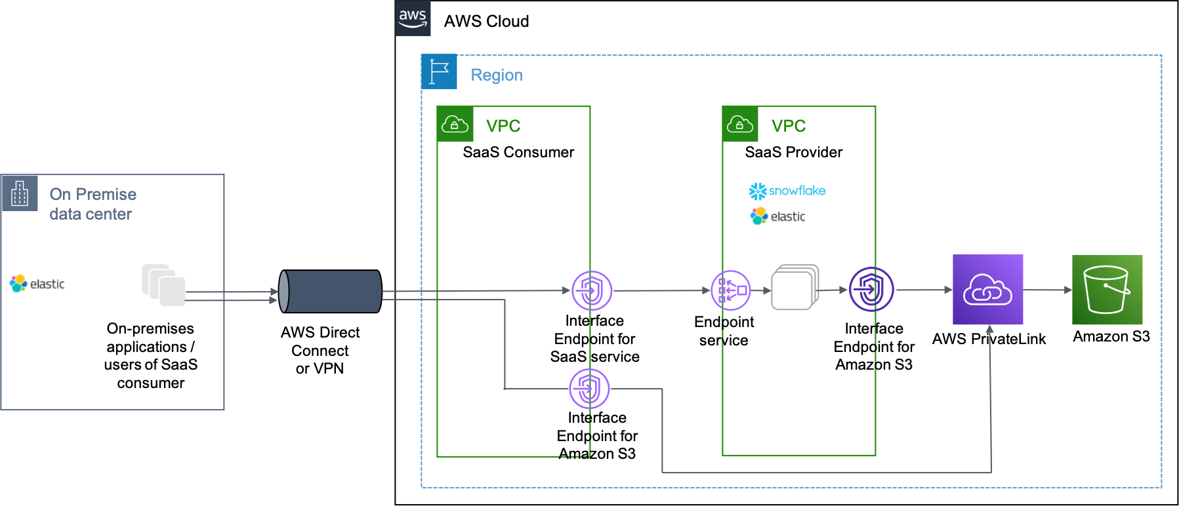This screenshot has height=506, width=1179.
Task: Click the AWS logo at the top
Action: click(x=413, y=18)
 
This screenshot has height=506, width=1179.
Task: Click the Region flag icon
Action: click(x=439, y=72)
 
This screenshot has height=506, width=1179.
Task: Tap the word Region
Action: click(x=497, y=75)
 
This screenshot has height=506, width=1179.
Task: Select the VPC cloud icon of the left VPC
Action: click(x=455, y=125)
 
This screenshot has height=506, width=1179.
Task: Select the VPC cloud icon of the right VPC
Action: click(x=740, y=125)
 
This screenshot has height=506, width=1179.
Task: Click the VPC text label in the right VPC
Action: click(x=788, y=126)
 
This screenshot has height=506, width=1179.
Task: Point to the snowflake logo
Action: click(x=787, y=191)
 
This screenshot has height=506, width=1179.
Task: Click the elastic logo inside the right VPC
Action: click(x=779, y=216)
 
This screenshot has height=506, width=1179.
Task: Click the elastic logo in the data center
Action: click(x=39, y=283)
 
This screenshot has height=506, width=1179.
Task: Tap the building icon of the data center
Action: click(x=20, y=193)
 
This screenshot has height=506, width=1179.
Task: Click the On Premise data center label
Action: click(x=93, y=204)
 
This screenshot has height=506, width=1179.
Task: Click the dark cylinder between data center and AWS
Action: click(x=330, y=291)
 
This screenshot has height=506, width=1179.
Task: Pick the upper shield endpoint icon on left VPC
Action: click(x=592, y=290)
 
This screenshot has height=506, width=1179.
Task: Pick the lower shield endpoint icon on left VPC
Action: click(x=589, y=389)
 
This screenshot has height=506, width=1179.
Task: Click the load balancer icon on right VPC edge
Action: click(x=731, y=290)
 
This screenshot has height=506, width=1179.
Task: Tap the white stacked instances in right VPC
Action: click(x=795, y=287)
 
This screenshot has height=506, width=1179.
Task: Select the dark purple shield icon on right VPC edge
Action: click(x=871, y=289)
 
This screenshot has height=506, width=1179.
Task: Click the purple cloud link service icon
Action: click(x=987, y=290)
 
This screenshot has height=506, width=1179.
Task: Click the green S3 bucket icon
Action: click(x=1107, y=290)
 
